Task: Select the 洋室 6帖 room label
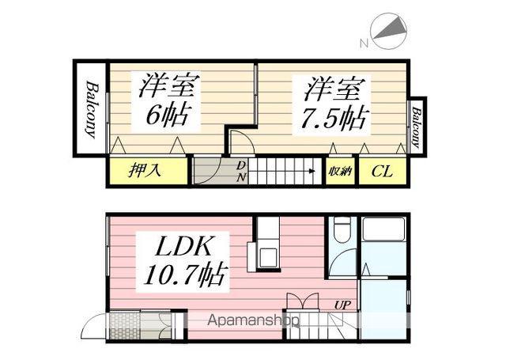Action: click(169, 100)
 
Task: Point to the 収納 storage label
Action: click(341, 172)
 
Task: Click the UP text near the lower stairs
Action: click(345, 304)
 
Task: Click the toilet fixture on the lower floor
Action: click(342, 230)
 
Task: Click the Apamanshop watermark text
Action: click(253, 321)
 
